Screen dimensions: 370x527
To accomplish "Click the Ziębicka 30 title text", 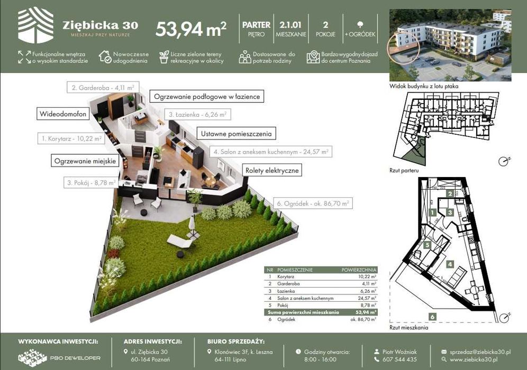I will [x=100, y=25].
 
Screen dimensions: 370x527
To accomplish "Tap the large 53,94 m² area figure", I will [x=191, y=30].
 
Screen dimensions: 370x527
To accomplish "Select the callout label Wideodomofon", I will [x=62, y=114].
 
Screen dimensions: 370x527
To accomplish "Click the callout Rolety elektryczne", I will [x=272, y=170].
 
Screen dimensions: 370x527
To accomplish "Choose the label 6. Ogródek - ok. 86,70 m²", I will [x=311, y=203].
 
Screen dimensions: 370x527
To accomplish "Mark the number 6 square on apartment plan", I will [x=432, y=317].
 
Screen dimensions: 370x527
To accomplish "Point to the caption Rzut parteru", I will [x=404, y=171].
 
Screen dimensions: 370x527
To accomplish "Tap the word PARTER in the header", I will [x=256, y=25].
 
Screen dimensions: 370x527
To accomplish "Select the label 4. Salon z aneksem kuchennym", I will [x=269, y=152].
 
